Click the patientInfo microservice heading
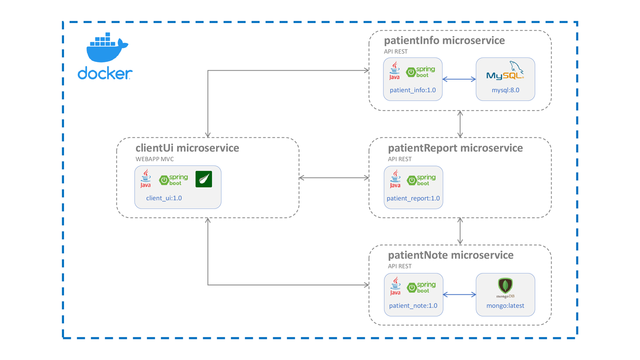444,40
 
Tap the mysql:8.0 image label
505,90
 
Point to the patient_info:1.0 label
412,90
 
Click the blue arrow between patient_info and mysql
459,79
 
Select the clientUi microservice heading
187,148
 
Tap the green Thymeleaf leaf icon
203,179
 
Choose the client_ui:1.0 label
164,198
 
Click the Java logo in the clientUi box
145,179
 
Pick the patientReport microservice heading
455,148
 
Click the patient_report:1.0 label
413,198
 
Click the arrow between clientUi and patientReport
333,177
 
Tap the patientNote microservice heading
450,255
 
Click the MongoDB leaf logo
505,286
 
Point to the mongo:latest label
505,305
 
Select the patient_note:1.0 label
413,305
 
